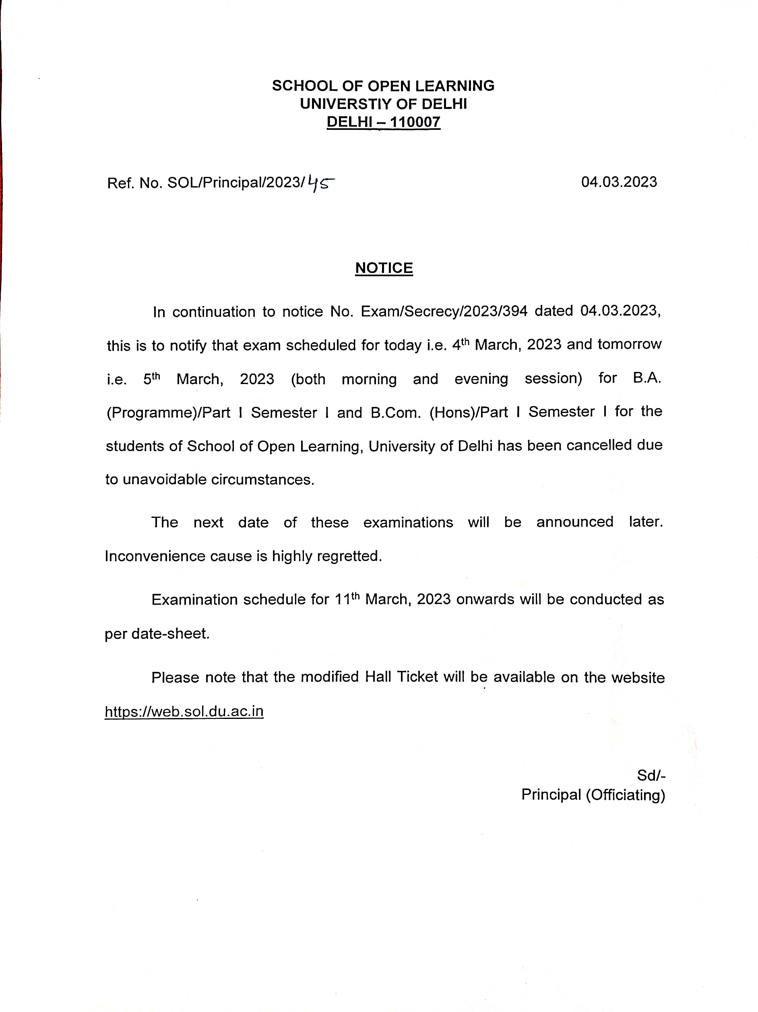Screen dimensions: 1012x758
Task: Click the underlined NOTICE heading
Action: [384, 268]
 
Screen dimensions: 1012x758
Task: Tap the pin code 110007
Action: [415, 122]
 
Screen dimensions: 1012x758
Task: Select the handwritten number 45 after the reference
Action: [320, 183]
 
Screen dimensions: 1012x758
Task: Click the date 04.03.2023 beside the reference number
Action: [619, 182]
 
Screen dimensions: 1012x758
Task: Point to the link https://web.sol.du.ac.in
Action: [184, 711]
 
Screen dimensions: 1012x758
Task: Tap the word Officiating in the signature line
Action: [626, 795]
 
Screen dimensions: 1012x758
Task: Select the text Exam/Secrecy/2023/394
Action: [444, 311]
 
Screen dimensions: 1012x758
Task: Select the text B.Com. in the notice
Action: [395, 412]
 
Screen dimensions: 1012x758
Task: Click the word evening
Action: [481, 379]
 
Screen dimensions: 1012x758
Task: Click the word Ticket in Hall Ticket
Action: [417, 677]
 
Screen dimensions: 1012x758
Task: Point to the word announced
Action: [574, 522]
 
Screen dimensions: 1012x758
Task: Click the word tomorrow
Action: [629, 344]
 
